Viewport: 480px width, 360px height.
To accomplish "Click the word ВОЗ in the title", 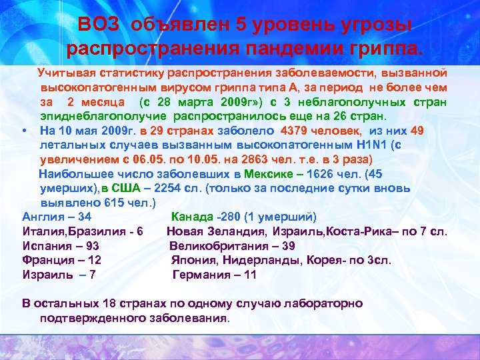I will click(x=99, y=25).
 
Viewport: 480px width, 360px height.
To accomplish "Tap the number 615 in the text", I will click(x=100, y=203).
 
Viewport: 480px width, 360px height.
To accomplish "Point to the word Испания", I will click(x=47, y=246).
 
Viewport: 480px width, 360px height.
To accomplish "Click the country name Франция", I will click(x=47, y=261).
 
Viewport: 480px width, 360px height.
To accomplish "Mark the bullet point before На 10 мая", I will click(x=25, y=130).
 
